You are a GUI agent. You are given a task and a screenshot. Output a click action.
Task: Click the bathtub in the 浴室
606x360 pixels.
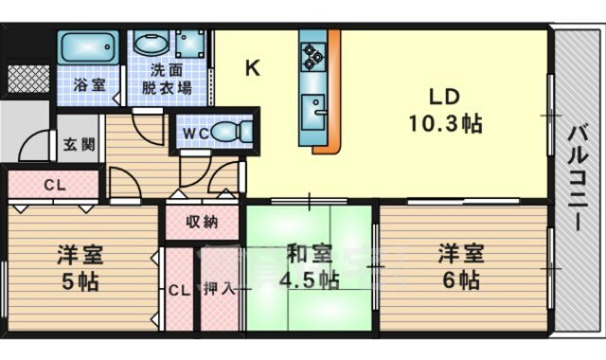tap(88, 46)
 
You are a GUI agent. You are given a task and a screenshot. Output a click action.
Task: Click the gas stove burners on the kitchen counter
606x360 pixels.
tap(313, 57)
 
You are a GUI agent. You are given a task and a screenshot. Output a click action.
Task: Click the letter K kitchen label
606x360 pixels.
tap(253, 68)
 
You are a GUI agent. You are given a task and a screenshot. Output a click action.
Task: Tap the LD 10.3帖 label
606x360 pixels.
tap(445, 110)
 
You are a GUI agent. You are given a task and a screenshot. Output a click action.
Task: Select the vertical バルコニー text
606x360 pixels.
tap(578, 179)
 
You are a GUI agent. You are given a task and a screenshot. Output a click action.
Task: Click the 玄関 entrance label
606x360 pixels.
tap(79, 145)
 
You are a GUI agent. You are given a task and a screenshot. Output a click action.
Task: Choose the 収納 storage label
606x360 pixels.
tap(202, 222)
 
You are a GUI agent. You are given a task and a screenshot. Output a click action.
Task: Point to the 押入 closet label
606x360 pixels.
tap(219, 288)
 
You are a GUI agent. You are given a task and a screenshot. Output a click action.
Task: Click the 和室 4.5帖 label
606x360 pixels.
tap(310, 266)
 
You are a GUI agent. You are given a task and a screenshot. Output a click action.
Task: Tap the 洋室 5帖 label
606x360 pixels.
tap(80, 267)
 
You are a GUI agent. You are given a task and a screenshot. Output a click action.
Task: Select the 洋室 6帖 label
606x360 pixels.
tap(461, 266)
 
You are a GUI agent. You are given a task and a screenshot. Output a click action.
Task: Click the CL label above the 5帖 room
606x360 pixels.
tap(55, 186)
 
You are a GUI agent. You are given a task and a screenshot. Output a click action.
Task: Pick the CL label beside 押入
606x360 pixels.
tap(179, 290)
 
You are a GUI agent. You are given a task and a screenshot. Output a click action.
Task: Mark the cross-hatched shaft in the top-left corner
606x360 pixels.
tap(28, 80)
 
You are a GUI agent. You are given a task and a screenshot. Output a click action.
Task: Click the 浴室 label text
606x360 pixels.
tap(89, 84)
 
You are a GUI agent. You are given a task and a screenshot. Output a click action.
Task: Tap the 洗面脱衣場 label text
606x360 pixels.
tap(167, 80)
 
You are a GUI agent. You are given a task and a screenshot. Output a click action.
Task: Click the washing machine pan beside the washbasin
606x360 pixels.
tap(189, 44)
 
